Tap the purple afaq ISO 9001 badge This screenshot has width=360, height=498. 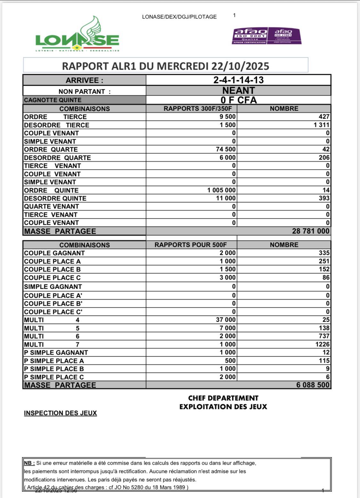pyautogui.click(x=250, y=36)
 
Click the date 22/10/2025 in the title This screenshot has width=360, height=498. pyautogui.click(x=240, y=66)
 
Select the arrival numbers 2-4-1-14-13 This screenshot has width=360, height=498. pyautogui.click(x=238, y=80)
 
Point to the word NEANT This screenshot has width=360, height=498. pyautogui.click(x=238, y=91)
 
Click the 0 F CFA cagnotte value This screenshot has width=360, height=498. pyautogui.click(x=238, y=100)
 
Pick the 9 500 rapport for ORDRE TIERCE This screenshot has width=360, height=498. pyautogui.click(x=228, y=117)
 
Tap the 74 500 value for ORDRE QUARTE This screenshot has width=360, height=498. pyautogui.click(x=226, y=149)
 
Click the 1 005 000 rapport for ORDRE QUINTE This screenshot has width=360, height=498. pyautogui.click(x=221, y=190)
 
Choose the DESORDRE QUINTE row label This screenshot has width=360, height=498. pyautogui.click(x=55, y=198)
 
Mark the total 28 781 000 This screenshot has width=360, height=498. pyautogui.click(x=310, y=231)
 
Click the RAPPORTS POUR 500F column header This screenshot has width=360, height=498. pyautogui.click(x=191, y=245)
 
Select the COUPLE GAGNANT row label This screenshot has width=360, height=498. pyautogui.click(x=54, y=253)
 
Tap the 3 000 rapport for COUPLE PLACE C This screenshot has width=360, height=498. pyautogui.click(x=228, y=278)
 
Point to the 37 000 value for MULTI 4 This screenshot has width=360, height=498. pyautogui.click(x=226, y=320)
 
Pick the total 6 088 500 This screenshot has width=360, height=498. pyautogui.click(x=313, y=385)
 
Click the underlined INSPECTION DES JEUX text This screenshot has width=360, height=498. pyautogui.click(x=60, y=413)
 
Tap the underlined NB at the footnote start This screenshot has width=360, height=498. pyautogui.click(x=29, y=463)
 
